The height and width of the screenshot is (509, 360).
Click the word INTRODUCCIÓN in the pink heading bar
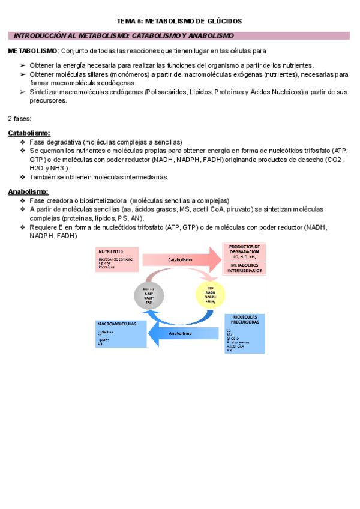point(40,36)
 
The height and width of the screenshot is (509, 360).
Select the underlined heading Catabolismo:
point(29,133)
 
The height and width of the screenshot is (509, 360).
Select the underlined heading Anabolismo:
point(28,192)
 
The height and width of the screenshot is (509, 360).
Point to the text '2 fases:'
point(20,118)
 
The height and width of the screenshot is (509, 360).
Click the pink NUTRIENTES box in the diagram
point(117,259)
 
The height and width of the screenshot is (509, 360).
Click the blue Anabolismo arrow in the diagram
point(180,333)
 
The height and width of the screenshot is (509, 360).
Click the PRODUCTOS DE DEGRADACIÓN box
point(244,250)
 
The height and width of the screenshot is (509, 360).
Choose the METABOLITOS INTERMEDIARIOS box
point(244,268)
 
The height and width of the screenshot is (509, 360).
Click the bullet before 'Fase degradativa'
point(23,142)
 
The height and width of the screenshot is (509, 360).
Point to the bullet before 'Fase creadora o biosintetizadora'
point(23,200)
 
